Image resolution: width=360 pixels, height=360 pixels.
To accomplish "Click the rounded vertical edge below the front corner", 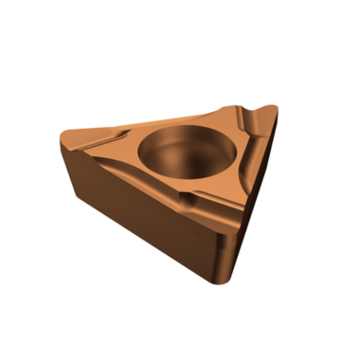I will pyautogui.click(x=220, y=256).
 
